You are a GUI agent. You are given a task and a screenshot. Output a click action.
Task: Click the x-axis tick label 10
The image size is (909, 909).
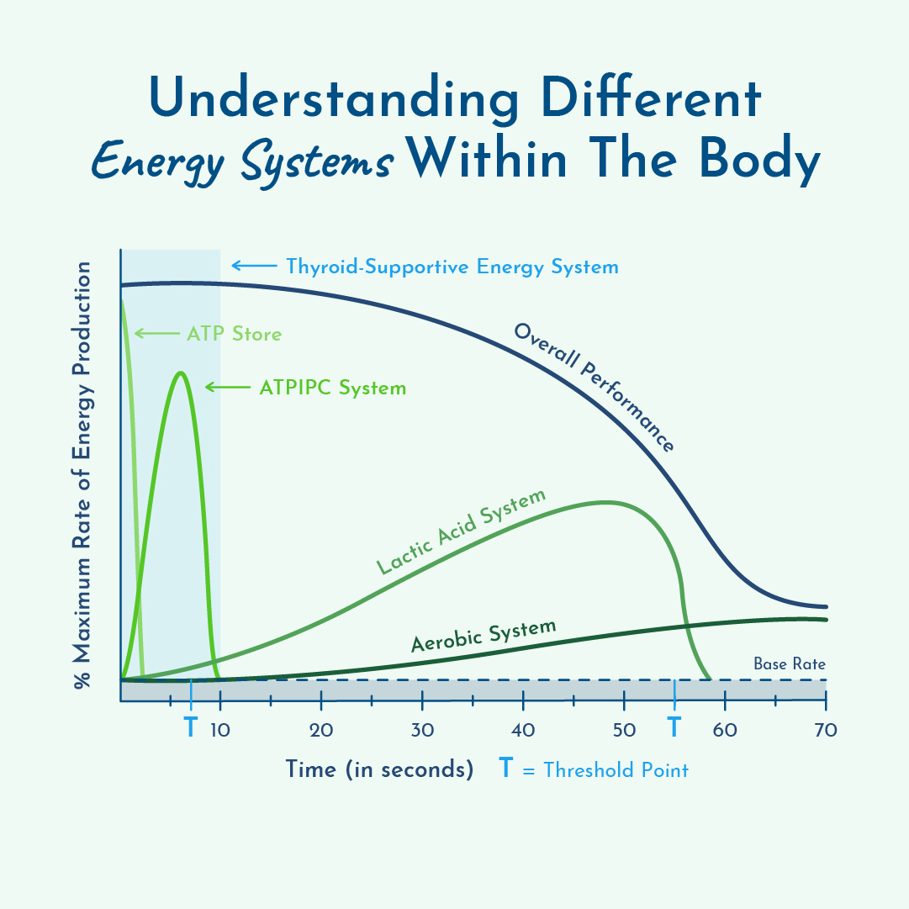pyautogui.click(x=220, y=730)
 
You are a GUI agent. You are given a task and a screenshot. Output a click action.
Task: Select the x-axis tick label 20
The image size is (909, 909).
pyautogui.click(x=321, y=730)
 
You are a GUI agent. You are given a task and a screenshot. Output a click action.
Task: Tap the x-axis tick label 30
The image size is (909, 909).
pyautogui.click(x=422, y=730)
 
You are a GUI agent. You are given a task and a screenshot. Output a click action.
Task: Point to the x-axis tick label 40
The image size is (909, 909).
pyautogui.click(x=523, y=730)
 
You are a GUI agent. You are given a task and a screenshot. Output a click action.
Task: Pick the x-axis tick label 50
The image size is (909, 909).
pyautogui.click(x=624, y=730)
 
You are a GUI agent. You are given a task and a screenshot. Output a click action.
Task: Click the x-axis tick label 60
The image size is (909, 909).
pyautogui.click(x=725, y=730)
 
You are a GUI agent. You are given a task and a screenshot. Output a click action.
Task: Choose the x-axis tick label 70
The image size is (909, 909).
pyautogui.click(x=826, y=730)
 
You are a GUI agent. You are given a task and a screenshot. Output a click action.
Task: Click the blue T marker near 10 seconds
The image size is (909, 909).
pyautogui.click(x=191, y=727)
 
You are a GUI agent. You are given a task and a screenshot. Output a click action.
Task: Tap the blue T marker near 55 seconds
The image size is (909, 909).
pyautogui.click(x=674, y=727)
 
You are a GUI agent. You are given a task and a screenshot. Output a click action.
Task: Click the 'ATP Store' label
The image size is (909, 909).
pyautogui.click(x=234, y=335)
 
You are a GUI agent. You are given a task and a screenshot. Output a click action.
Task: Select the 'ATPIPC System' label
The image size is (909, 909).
pyautogui.click(x=333, y=388)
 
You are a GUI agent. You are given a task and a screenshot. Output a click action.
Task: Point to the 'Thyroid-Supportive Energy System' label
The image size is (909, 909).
pyautogui.click(x=452, y=267)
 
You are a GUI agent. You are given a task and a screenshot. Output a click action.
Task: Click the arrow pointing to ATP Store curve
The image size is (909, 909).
pyautogui.click(x=156, y=335)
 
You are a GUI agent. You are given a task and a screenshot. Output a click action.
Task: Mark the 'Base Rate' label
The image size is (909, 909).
pyautogui.click(x=790, y=664)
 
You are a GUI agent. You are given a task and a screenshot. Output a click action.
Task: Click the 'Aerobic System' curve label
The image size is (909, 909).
pyautogui.click(x=484, y=637)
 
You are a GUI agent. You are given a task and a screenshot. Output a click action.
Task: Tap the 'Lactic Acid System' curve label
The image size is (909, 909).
pyautogui.click(x=461, y=531)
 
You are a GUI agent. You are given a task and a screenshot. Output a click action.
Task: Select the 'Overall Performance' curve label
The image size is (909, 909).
pyautogui.click(x=595, y=387)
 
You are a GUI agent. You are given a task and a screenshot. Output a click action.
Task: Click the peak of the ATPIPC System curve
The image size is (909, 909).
pyautogui.click(x=180, y=373)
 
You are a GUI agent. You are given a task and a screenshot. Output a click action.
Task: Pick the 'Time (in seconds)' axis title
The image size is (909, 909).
pyautogui.click(x=379, y=769)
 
